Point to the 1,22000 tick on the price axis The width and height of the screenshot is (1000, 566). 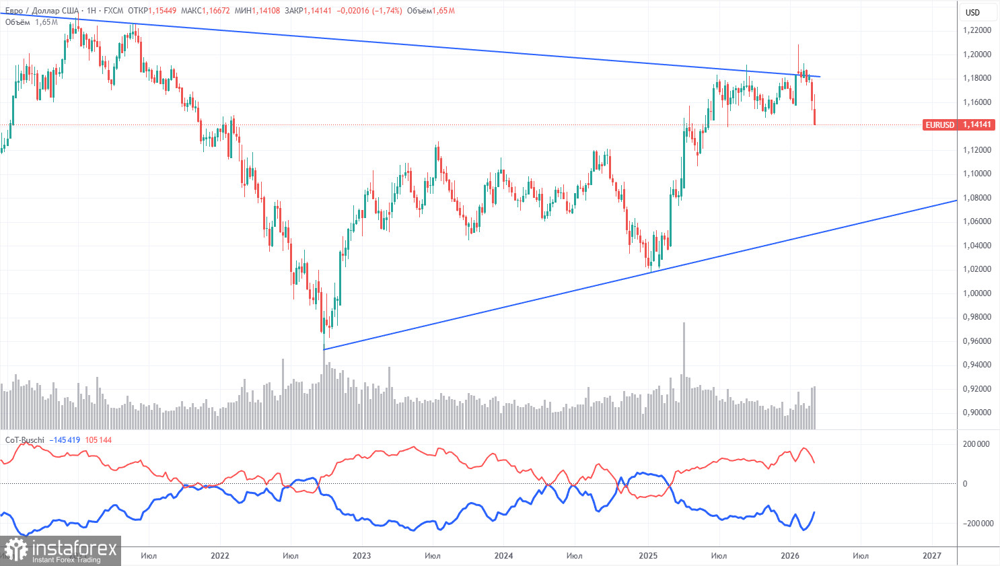[976, 30]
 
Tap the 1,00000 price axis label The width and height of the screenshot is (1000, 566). [976, 293]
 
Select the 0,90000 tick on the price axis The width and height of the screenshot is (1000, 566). [976, 413]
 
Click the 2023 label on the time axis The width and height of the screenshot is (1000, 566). [361, 556]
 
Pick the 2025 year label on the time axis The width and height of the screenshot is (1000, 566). [647, 556]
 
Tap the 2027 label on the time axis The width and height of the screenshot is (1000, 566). [931, 556]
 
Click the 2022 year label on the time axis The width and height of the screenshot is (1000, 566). [219, 556]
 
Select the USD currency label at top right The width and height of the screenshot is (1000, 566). [972, 12]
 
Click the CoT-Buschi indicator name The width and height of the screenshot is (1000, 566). [25, 440]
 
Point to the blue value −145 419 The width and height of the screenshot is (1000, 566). [65, 440]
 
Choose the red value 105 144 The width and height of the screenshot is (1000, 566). [98, 440]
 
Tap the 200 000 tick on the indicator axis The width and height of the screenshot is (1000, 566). [976, 444]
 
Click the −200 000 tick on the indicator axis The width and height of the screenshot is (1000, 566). [975, 524]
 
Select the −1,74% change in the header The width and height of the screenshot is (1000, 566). [387, 11]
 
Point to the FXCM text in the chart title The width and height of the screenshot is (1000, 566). [114, 11]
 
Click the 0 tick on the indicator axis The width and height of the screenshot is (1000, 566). [965, 484]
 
